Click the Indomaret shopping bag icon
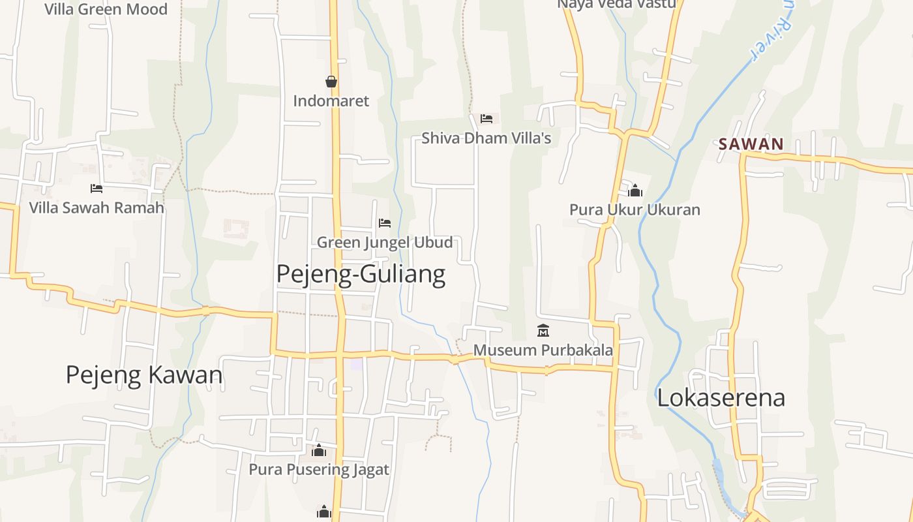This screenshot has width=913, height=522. [331, 82]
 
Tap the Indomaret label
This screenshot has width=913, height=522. [331, 101]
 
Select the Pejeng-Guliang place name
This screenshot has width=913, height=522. [361, 274]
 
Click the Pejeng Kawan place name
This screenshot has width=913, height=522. [144, 375]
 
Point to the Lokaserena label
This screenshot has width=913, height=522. [721, 398]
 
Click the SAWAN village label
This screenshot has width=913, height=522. [751, 144]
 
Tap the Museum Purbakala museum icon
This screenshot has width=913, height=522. [543, 330]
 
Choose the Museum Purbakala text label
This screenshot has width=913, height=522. [543, 350]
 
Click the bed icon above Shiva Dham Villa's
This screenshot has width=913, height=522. [486, 118]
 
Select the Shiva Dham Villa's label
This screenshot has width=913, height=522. [486, 138]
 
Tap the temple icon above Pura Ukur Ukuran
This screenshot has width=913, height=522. [635, 190]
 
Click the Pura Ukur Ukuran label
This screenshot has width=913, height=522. [635, 210]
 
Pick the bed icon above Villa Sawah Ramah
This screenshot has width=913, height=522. [97, 189]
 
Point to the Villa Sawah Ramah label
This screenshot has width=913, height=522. [97, 208]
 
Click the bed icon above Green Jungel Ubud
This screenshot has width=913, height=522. [385, 223]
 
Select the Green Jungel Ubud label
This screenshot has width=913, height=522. [385, 243]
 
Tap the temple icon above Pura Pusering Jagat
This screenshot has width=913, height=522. [319, 450]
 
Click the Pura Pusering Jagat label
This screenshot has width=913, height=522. [319, 470]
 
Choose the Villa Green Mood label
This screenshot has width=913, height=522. [106, 9]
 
